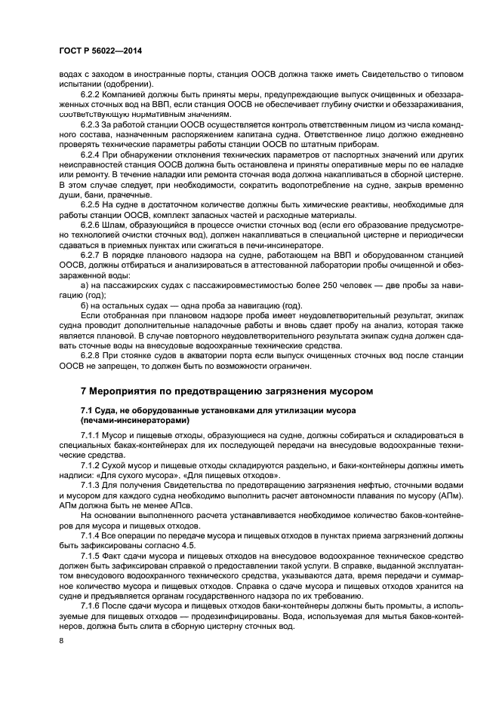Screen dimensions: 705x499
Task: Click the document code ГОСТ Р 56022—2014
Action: [100, 51]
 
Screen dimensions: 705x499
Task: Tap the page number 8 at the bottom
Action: [61, 641]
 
